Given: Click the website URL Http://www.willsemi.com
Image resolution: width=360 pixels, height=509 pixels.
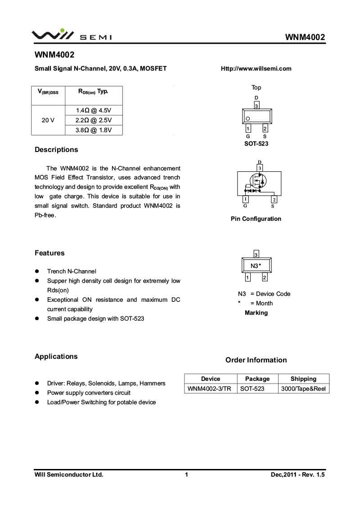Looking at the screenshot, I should click(256, 69).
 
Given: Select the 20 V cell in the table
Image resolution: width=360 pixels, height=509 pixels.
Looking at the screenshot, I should click(48, 121).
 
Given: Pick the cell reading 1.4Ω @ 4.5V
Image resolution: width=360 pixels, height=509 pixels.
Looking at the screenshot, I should click(93, 111).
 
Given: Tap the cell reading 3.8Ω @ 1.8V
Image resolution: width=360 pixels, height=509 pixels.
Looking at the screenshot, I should click(93, 130).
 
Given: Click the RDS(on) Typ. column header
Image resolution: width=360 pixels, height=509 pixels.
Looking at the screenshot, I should click(93, 92).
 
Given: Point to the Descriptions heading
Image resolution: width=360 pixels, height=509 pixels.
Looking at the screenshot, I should click(56, 150).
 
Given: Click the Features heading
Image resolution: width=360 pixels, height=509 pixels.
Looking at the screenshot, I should click(49, 253).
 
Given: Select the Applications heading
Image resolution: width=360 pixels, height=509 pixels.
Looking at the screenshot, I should click(56, 357).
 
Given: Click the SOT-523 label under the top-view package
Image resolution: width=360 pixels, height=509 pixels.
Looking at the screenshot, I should click(256, 143).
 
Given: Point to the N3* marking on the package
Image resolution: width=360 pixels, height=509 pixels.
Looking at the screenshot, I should click(256, 266).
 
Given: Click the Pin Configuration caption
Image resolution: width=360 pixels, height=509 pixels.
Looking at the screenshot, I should click(256, 219).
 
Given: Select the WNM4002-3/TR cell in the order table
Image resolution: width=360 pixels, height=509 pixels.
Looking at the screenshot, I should click(210, 388).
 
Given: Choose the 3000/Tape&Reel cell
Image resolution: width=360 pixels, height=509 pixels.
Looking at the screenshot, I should click(303, 388).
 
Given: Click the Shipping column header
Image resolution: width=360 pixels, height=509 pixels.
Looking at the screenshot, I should click(303, 379).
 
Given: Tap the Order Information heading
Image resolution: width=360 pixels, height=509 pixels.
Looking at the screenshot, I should click(256, 360).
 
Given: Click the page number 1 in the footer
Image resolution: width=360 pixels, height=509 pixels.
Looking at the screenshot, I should click(186, 474).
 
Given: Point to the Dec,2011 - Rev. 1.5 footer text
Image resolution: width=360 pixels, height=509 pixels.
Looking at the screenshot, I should click(297, 474).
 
